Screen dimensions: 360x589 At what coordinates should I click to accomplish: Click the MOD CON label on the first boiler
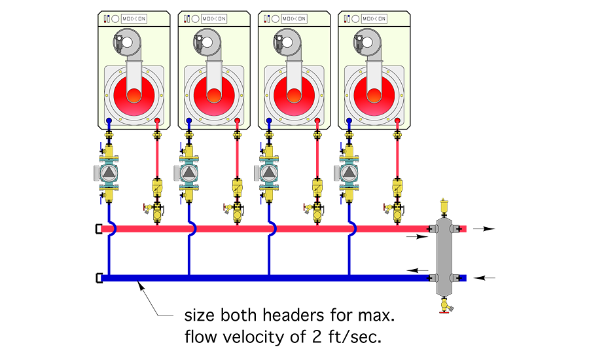[x=134, y=19]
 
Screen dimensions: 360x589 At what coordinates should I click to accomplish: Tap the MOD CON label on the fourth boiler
[x=374, y=19]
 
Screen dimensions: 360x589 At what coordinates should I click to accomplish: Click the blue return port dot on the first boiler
[x=109, y=121]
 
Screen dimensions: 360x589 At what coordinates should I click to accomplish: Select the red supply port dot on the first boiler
[x=158, y=121]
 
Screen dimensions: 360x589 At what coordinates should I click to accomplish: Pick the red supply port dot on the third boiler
[x=317, y=121]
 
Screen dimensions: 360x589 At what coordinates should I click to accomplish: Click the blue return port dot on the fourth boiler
[x=349, y=121]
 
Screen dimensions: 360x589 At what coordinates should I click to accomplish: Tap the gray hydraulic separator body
[x=445, y=252]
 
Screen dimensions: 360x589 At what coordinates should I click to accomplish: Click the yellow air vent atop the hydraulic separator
[x=445, y=205]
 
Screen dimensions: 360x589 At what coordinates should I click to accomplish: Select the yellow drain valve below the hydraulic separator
[x=445, y=302]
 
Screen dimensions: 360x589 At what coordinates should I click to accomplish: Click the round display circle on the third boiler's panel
[x=276, y=19]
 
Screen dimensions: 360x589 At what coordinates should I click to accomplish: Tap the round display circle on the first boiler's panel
[x=115, y=19]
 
